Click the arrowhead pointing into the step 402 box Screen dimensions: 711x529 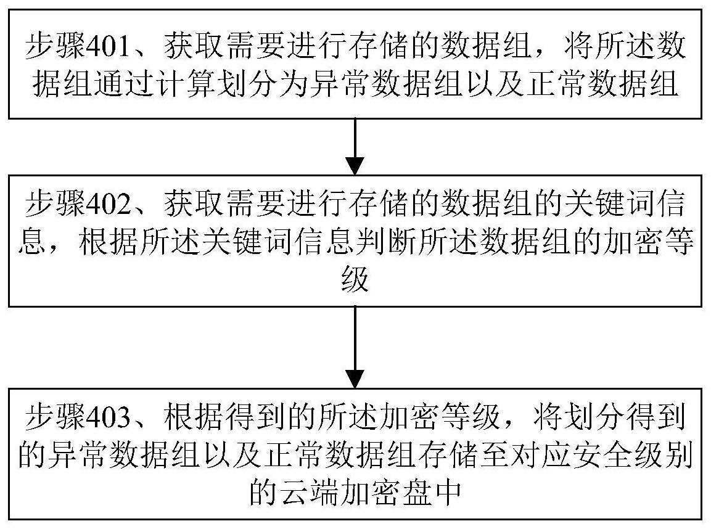(355, 166)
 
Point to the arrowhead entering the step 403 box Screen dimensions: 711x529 (355, 379)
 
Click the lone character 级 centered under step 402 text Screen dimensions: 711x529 (355, 279)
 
